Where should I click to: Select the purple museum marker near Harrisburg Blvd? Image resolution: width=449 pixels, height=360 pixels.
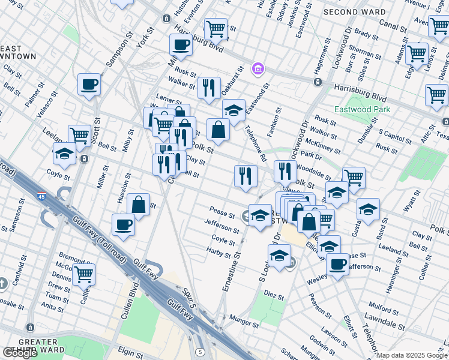click(258, 70)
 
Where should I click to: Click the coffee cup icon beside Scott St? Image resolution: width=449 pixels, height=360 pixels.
click(89, 85)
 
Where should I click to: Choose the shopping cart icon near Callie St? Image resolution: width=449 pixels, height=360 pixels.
click(83, 274)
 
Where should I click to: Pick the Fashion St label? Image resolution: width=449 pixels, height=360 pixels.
click(278, 120)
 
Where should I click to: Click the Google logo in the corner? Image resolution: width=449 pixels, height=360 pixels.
click(20, 352)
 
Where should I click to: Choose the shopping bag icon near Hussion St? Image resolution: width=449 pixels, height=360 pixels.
click(138, 205)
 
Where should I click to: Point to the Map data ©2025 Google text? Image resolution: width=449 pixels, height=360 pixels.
click(411, 355)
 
